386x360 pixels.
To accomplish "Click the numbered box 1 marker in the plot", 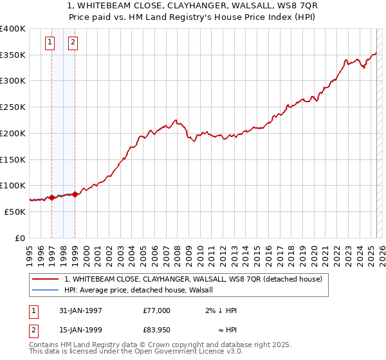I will pos(50,43).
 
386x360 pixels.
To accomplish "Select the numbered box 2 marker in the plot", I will pos(73,43).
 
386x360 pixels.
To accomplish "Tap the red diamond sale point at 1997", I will pos(51,197).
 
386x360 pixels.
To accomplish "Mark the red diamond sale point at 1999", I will pos(75,194).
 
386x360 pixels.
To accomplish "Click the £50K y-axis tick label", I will pos(15,212).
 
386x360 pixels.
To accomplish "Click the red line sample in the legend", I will pos(45,279).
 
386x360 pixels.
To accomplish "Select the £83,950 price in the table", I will pos(157,332).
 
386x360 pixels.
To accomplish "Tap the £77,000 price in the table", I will pos(157,310).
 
